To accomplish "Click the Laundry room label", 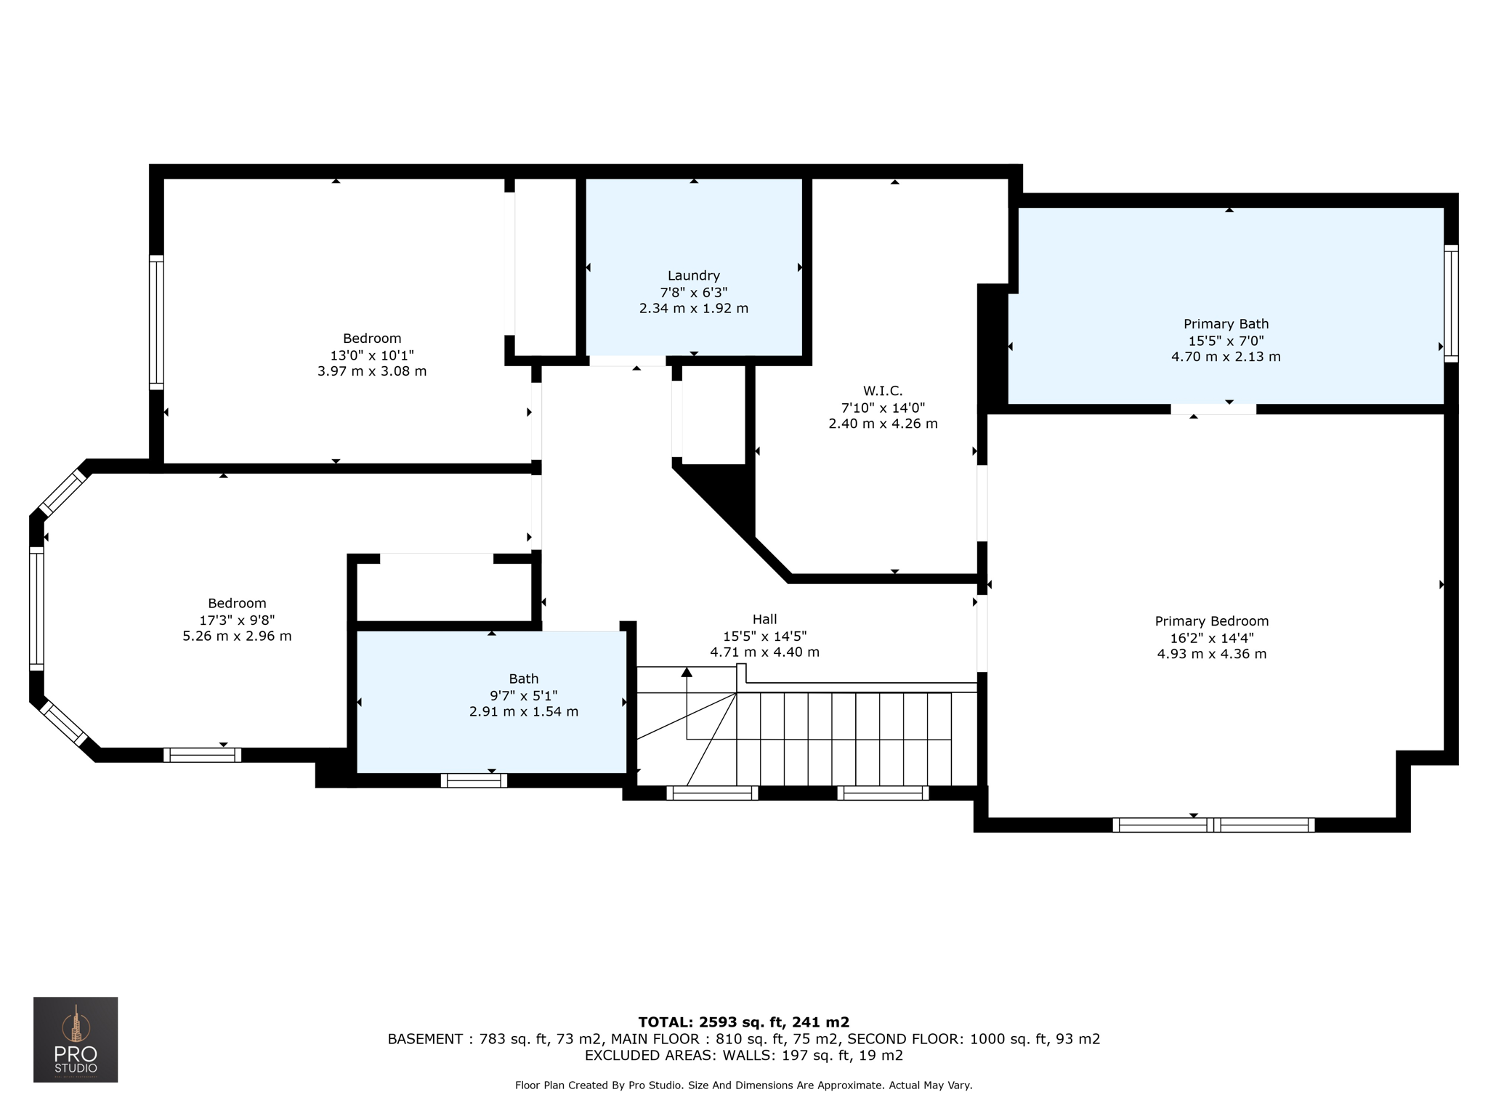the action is coord(694,275).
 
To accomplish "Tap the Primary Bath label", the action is coord(1226,324).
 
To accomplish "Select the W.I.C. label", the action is coord(883,391).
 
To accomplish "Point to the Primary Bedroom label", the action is coord(1212,621).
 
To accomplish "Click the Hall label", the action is coord(764,619).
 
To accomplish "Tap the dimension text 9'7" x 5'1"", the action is coord(524,695).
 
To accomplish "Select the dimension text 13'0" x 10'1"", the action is coord(372,355).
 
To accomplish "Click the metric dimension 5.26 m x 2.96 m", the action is coord(237,636).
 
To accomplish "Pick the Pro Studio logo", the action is coord(76,1040).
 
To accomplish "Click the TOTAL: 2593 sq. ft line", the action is coord(744,1022).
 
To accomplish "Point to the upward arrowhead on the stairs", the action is coord(687,672).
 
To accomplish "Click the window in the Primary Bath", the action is coord(1451,304).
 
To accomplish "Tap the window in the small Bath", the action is coord(474,780).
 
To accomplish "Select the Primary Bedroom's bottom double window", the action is coord(1213,825).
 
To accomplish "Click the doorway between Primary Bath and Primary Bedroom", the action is coord(1213,409).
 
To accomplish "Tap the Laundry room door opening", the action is coord(627,360).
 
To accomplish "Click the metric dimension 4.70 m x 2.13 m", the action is coord(1226,357).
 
